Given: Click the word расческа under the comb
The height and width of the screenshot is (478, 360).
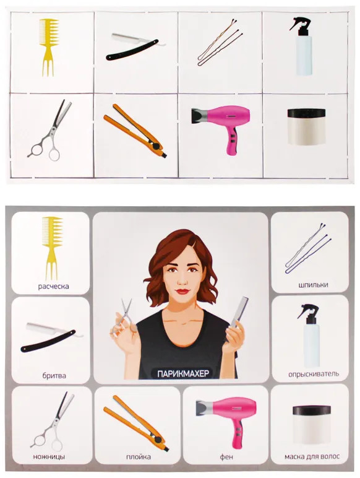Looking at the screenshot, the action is (x=53, y=286).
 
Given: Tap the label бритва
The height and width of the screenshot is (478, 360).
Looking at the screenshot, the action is (x=54, y=375).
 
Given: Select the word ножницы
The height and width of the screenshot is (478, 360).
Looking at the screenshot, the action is (x=49, y=457).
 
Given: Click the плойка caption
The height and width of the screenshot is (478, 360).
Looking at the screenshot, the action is (x=139, y=457).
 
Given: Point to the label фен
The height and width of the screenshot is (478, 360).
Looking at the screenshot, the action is (x=226, y=457).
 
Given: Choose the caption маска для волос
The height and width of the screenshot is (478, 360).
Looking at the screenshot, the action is (x=312, y=457).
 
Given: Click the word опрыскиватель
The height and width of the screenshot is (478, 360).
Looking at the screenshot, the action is (x=314, y=374).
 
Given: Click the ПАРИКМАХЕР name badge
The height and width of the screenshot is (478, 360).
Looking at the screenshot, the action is (x=183, y=373).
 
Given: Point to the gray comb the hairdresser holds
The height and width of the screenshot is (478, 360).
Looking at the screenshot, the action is (x=239, y=313).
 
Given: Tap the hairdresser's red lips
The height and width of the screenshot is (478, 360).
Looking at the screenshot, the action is (x=182, y=292).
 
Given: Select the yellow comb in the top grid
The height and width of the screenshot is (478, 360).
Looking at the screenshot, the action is (x=49, y=46).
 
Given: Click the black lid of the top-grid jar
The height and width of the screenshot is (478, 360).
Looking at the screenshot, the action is (x=306, y=113).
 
